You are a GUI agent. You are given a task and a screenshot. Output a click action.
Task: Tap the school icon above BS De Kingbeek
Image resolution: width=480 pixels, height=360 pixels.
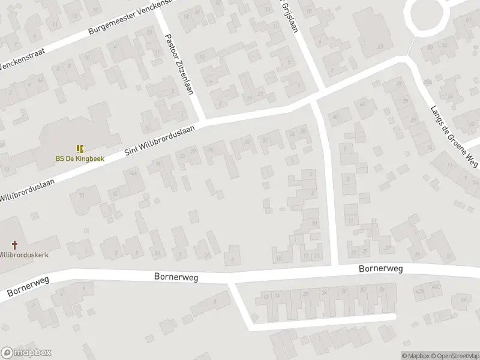tap(79, 148)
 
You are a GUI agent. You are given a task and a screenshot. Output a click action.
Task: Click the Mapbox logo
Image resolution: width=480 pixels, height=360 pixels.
tap(26, 353)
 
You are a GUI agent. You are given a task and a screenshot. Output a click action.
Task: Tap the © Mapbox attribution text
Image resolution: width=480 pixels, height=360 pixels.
tap(418, 356)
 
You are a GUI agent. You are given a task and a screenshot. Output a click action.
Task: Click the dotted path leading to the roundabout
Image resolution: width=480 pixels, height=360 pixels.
tap(411, 47)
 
